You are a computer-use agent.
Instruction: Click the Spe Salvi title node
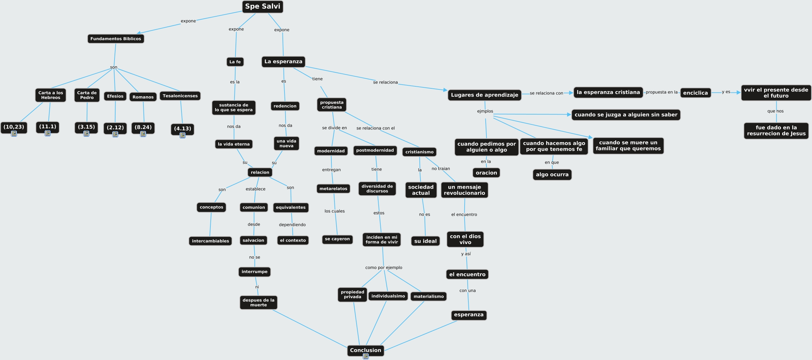pyautogui.click(x=262, y=6)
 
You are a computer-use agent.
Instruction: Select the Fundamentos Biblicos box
pyautogui.click(x=116, y=39)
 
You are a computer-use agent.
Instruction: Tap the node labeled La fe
pyautogui.click(x=235, y=62)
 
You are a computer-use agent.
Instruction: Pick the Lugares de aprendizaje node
pyautogui.click(x=484, y=95)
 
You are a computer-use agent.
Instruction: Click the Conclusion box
pyautogui.click(x=365, y=350)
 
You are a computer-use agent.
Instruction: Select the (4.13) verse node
pyautogui.click(x=183, y=128)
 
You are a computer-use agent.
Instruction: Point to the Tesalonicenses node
pyautogui.click(x=180, y=96)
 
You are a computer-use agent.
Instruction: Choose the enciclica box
pyautogui.click(x=695, y=93)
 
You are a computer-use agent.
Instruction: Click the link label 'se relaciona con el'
pyautogui.click(x=376, y=128)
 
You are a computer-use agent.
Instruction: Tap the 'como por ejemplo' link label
pyautogui.click(x=384, y=268)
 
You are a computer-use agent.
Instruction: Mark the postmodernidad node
pyautogui.click(x=375, y=150)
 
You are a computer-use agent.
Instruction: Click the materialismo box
pyautogui.click(x=429, y=296)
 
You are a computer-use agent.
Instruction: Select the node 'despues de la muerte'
pyautogui.click(x=258, y=303)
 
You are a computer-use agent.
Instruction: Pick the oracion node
pyautogui.click(x=486, y=173)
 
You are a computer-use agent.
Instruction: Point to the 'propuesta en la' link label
pyautogui.click(x=661, y=92)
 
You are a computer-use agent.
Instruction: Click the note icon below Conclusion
pyautogui.click(x=366, y=356)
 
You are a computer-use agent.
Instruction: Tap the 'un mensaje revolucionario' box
pyautogui.click(x=464, y=190)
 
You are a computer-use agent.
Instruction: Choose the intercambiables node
pyautogui.click(x=210, y=241)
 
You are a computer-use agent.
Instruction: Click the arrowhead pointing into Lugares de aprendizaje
pyautogui.click(x=445, y=90)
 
